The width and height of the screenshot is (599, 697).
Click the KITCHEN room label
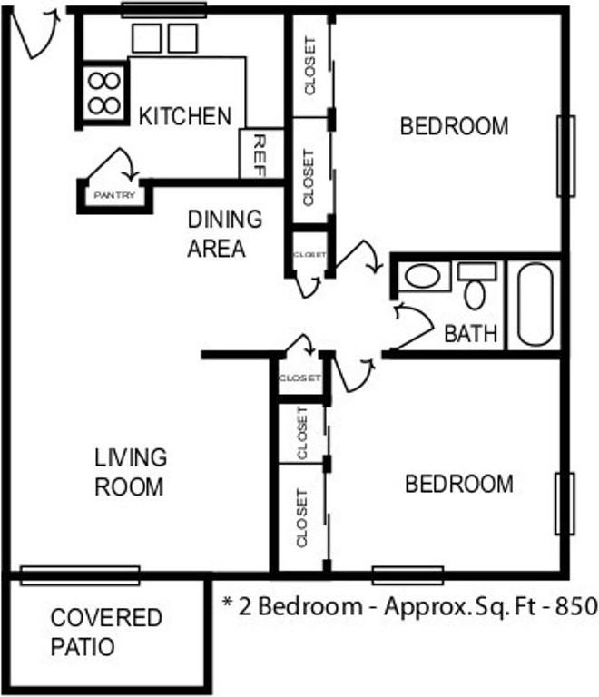185,116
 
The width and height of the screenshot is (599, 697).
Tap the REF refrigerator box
261,153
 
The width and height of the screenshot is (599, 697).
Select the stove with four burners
104,93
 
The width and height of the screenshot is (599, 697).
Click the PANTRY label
114,195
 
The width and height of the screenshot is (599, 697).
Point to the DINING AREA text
224,233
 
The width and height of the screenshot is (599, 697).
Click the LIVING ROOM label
130,472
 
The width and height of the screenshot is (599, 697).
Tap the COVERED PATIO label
106,632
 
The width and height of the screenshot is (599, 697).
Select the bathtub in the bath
535,305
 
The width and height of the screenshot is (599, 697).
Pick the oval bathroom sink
423,276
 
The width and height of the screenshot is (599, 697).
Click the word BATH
470,333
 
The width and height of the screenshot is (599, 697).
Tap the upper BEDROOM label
454,126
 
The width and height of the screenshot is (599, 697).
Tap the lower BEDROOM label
459,484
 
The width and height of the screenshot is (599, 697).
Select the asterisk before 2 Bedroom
228,603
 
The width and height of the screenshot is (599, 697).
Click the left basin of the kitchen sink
147,38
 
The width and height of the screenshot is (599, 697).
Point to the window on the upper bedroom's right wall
565,156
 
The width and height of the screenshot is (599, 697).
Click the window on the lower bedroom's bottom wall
408,575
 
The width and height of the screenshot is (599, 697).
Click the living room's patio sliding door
80,575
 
